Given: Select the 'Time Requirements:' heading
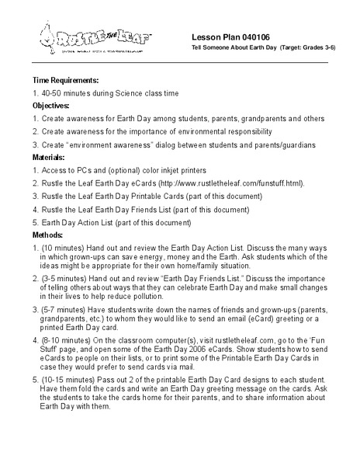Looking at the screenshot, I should tap(66, 80).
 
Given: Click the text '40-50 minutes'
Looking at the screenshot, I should tap(67, 92).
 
